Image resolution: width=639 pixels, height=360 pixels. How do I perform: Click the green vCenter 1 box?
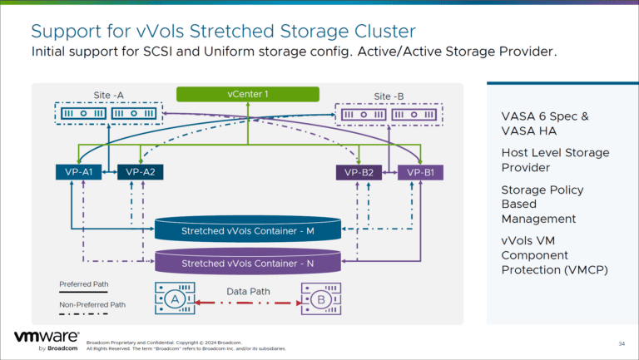pos(248,95)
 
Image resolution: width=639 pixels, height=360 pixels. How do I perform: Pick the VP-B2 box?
pos(360,172)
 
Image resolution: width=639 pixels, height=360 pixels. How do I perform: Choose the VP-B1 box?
pos(422,172)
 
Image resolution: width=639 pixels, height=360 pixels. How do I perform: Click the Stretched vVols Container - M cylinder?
pos(247,230)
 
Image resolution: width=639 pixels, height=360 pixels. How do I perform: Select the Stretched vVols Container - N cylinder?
pos(247,264)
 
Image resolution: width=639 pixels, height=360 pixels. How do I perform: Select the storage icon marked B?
pos(319,298)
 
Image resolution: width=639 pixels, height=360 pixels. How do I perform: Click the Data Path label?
pos(247,291)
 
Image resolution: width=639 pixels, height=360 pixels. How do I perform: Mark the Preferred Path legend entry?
pos(83,284)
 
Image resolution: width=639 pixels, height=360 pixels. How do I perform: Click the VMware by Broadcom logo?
pos(47,340)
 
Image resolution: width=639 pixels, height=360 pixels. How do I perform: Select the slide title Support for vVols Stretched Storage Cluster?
pos(223,32)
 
